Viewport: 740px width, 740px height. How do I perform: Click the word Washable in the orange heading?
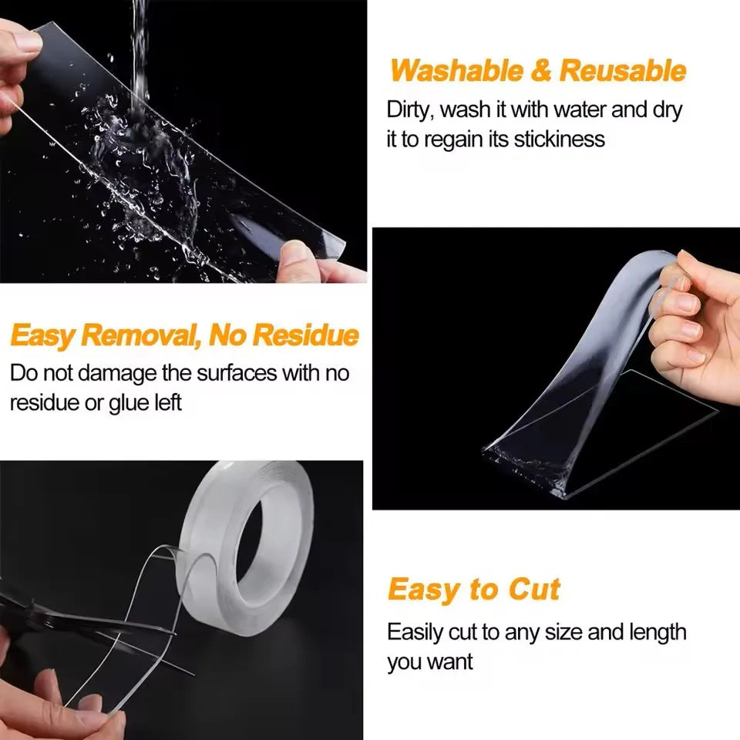click(456, 71)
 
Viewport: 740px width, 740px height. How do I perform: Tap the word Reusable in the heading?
click(622, 71)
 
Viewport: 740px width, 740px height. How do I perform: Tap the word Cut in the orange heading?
click(534, 590)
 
